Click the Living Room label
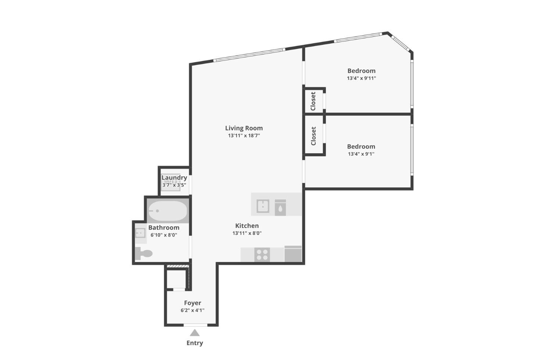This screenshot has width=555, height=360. point(244,128)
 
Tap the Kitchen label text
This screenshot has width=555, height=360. point(247,226)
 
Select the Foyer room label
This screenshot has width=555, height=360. point(193,303)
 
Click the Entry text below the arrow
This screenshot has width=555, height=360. point(194,343)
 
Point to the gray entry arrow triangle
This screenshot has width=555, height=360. point(194,333)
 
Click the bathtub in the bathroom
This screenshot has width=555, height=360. point(168,211)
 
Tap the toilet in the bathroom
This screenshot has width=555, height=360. point(144,253)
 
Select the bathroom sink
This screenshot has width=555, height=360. point(140,233)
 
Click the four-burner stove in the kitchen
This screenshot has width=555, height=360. point(262,255)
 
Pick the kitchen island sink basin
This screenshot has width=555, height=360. point(263,206)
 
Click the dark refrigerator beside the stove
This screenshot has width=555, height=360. point(293,254)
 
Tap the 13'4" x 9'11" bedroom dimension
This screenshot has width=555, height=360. point(361,78)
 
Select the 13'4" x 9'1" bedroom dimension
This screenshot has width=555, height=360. point(361,154)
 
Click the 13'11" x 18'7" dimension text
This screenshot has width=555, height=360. point(244,136)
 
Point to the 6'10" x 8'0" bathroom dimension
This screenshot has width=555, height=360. point(164,235)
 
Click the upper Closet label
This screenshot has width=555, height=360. point(313,101)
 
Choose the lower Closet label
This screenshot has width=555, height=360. point(314,136)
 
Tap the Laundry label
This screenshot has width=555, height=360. point(174,178)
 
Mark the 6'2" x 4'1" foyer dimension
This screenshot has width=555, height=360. point(192,310)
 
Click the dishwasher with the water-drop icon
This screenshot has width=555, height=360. point(280,208)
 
